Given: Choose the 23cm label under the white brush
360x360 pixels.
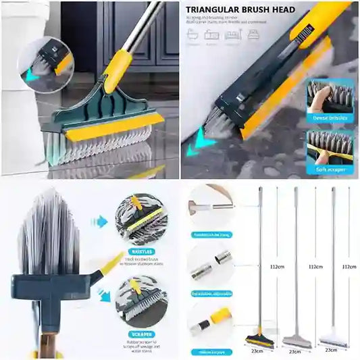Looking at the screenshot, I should click(330, 351).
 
